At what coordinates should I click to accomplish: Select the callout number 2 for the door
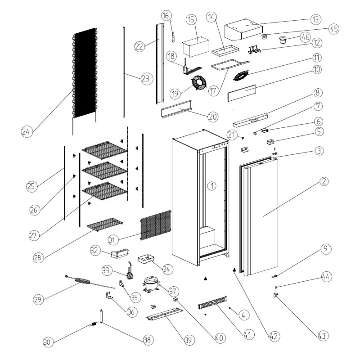click(324, 182)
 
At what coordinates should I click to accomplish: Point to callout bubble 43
click(322, 335)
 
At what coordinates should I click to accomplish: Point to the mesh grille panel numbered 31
click(156, 227)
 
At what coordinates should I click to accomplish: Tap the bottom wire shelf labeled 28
click(105, 224)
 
